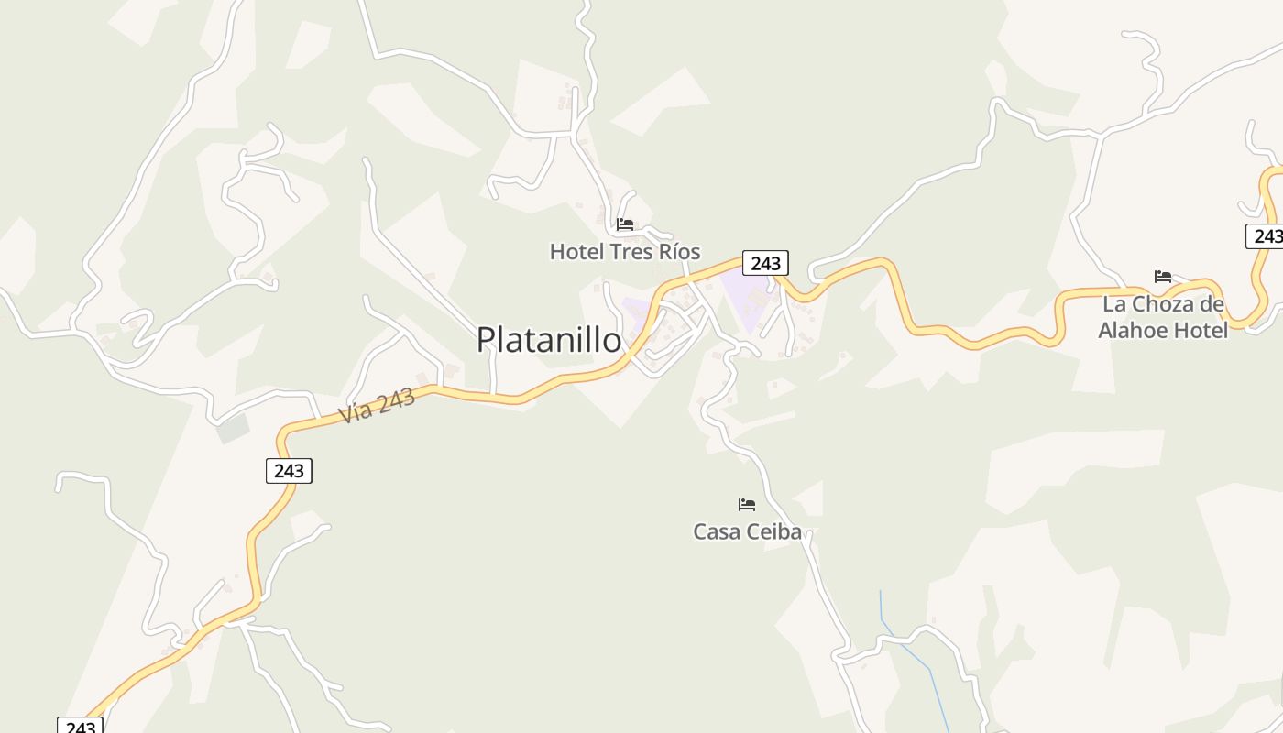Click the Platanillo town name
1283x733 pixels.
[548, 340]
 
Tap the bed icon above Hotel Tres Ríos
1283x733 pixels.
[625, 224]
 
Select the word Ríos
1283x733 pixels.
[679, 252]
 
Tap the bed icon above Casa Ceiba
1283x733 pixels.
[747, 505]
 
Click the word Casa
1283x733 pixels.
[716, 531]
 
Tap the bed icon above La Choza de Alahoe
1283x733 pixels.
[1163, 277]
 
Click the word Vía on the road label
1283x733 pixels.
[356, 411]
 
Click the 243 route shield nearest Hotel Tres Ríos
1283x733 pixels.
[765, 264]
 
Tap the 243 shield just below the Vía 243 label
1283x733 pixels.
[290, 471]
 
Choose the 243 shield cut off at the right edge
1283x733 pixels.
[1266, 236]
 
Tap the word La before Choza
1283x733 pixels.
[1113, 304]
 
